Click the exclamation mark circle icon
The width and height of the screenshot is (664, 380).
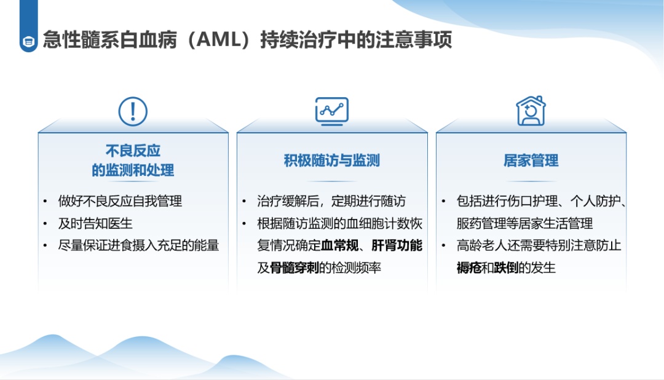coord(133,111)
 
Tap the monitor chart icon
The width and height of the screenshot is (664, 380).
coord(332,111)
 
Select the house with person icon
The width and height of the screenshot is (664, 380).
coord(531,111)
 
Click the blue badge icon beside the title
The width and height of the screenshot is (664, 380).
coord(29,42)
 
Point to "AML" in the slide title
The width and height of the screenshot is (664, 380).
coord(219,40)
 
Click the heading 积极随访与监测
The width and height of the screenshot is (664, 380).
coord(332,160)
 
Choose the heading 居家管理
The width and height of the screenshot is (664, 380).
coord(531,160)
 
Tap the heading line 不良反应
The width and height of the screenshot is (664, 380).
coord(133,151)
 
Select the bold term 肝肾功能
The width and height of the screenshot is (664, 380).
coord(397,245)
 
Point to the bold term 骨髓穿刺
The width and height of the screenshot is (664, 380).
coord(294,267)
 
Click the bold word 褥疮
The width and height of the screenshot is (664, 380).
coord(469,267)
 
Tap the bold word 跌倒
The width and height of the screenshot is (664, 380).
coord(506,267)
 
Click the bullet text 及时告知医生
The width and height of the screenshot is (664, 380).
coord(95,223)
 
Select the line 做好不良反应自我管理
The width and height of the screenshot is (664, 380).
coord(121,201)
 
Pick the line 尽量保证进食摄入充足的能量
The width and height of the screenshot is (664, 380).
coord(138,245)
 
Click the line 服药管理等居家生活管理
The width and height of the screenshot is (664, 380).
coord(524,223)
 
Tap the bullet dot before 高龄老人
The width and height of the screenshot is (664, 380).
coord(443,246)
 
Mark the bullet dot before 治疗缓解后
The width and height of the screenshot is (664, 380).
coord(244,201)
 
